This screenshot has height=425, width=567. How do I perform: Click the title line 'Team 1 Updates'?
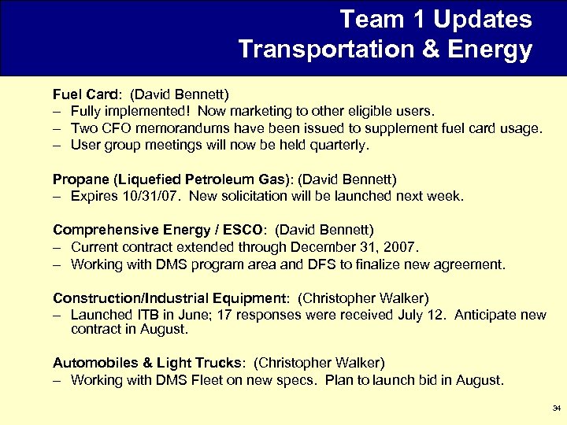pos(435,19)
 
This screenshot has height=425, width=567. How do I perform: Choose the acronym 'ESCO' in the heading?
pos(241,230)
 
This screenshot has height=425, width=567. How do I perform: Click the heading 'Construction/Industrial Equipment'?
pos(167,298)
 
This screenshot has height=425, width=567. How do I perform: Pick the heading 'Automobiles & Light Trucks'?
pos(147,363)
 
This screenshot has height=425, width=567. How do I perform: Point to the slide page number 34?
pos(556,408)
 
